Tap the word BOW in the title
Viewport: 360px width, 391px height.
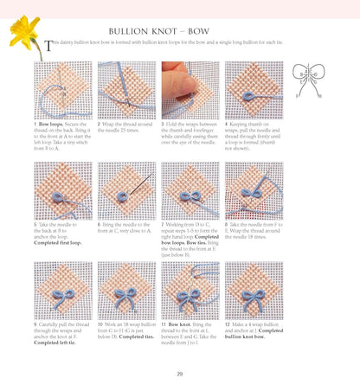click(x=227, y=29)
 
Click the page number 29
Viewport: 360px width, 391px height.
click(x=179, y=374)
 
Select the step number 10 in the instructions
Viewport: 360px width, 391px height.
click(x=100, y=325)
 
